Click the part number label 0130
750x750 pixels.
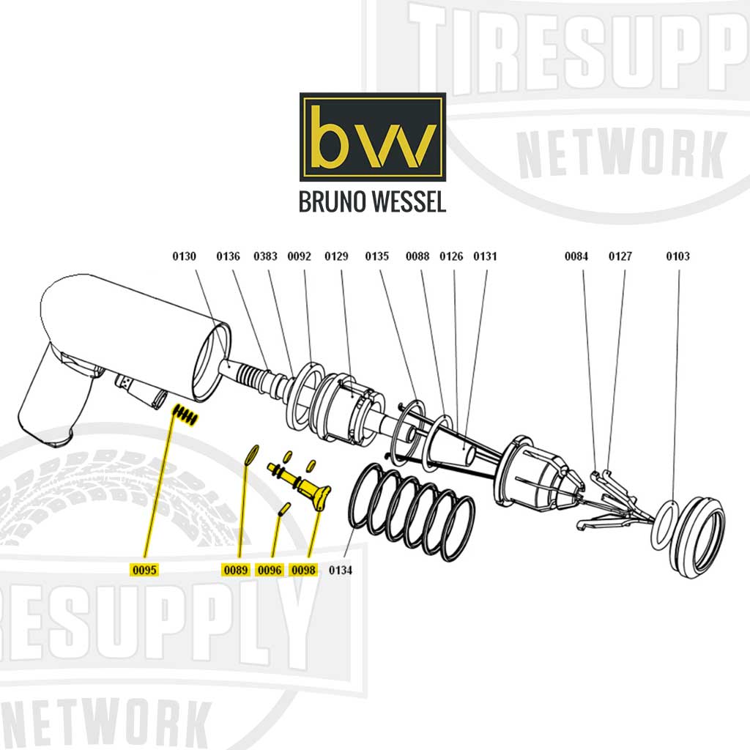(185, 256)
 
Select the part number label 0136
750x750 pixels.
(228, 256)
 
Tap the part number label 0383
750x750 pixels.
(265, 256)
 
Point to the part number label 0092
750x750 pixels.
(299, 256)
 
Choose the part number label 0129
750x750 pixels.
(336, 256)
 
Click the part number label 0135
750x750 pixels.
(377, 256)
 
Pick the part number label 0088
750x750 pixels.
(417, 256)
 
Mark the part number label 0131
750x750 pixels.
(485, 256)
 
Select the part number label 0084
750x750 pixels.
(576, 256)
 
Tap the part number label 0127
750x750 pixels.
(620, 256)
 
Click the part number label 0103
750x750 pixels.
(677, 256)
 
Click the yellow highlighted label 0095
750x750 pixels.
(144, 570)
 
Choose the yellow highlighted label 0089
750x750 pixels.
(236, 570)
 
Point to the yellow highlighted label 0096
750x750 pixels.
(270, 570)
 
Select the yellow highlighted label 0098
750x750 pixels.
(303, 570)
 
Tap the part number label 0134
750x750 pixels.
(341, 570)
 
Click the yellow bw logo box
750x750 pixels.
(372, 137)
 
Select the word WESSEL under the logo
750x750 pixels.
(409, 203)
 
